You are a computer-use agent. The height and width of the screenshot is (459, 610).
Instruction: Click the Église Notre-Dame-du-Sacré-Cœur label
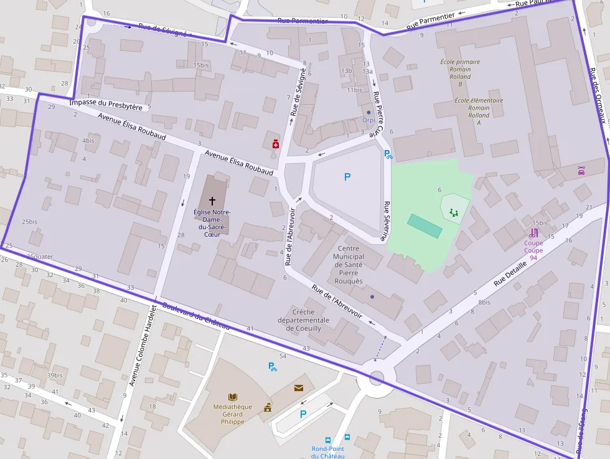212,223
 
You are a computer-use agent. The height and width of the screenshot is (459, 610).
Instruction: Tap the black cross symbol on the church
212,201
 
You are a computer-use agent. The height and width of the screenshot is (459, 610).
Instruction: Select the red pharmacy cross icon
275,144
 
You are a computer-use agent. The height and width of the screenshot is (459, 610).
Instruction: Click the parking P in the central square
347,177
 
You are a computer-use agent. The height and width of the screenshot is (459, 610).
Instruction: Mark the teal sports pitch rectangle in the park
425,225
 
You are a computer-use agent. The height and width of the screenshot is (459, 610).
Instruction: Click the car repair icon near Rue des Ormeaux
581,170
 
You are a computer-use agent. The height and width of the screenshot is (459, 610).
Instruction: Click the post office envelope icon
299,388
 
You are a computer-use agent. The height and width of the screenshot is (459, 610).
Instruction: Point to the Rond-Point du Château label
328,452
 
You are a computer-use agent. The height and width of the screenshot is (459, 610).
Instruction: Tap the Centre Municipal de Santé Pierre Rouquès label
348,265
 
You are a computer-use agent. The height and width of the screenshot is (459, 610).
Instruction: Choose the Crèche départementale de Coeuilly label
312,320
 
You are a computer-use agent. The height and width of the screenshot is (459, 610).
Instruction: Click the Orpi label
368,120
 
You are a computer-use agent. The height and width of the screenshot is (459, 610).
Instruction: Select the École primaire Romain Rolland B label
460,73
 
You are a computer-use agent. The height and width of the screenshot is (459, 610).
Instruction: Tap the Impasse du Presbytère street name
106,105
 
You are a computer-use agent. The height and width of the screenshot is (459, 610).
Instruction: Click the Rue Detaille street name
510,273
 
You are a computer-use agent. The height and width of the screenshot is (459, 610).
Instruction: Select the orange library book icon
233,397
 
